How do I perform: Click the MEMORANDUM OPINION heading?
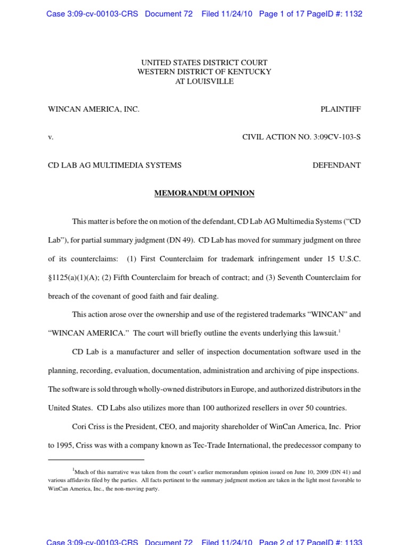click(204, 193)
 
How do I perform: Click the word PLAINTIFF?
click(340, 109)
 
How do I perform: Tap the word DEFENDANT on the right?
click(336, 165)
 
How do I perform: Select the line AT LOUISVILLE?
click(204, 81)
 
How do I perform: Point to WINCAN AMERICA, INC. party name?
click(94, 109)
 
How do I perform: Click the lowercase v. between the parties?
click(51, 137)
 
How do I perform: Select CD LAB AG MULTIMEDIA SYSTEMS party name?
click(114, 165)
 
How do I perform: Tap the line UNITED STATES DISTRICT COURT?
click(204, 63)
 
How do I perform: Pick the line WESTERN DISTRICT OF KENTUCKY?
click(204, 72)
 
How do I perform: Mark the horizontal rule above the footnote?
click(96, 459)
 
